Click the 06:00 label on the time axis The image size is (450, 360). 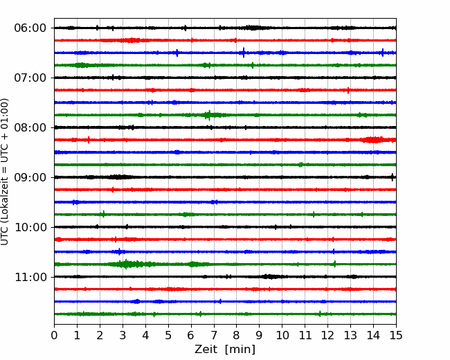(30, 28)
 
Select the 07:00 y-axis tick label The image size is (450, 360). (30, 78)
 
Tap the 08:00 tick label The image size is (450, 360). (30, 127)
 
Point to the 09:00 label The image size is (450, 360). (30, 177)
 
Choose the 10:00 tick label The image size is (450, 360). (30, 227)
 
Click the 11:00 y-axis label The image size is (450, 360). (30, 277)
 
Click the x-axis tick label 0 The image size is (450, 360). (54, 335)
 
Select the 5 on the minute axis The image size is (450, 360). (168, 335)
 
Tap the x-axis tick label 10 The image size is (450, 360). (282, 335)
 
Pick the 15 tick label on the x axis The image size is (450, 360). (396, 335)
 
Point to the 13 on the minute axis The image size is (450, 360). (350, 335)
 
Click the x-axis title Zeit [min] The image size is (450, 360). (225, 349)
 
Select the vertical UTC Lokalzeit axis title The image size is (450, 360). (5, 172)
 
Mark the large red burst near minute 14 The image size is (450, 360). (373, 140)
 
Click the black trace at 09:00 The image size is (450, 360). (225, 177)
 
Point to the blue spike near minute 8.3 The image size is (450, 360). (244, 53)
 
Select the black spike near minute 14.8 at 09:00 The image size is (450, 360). (393, 177)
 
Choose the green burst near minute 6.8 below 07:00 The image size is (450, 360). (209, 115)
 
